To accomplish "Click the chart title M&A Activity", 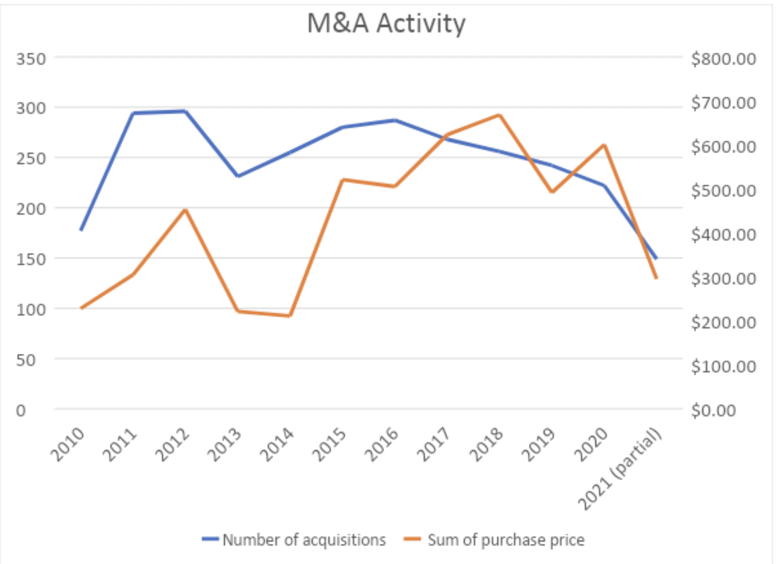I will pyautogui.click(x=386, y=23).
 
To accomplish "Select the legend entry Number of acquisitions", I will pyautogui.click(x=303, y=540).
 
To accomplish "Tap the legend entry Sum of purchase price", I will pyautogui.click(x=506, y=540).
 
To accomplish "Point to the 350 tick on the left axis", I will pyautogui.click(x=31, y=59).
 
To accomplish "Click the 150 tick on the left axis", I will pyautogui.click(x=31, y=259).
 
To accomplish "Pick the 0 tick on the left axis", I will pyautogui.click(x=21, y=411).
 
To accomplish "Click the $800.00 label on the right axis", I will pyautogui.click(x=723, y=59).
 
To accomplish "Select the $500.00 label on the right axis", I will pyautogui.click(x=723, y=191).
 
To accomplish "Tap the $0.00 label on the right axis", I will pyautogui.click(x=714, y=411).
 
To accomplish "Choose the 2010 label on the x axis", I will pyautogui.click(x=68, y=444).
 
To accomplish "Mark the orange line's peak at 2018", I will pyautogui.click(x=499, y=115).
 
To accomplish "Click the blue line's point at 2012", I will pyautogui.click(x=185, y=111).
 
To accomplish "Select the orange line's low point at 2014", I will pyautogui.click(x=290, y=315).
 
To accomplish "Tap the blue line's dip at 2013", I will pyautogui.click(x=238, y=176).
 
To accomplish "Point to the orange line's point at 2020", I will pyautogui.click(x=604, y=145).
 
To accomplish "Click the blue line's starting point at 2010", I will pyautogui.click(x=81, y=230).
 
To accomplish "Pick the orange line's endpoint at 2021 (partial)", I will pyautogui.click(x=656, y=278).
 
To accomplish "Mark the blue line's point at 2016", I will pyautogui.click(x=395, y=120).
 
